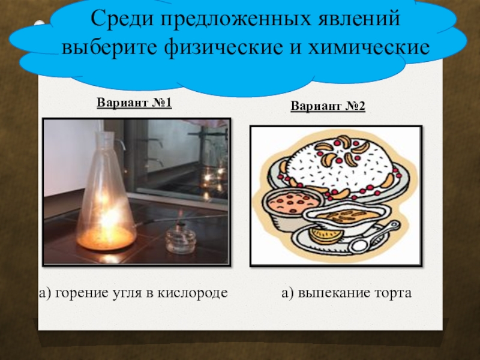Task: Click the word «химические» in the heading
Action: tap(369, 48)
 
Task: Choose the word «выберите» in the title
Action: tap(109, 48)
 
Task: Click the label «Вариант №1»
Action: tap(134, 102)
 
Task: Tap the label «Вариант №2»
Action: tap(328, 106)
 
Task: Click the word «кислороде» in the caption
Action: tap(193, 293)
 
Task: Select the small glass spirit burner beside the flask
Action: tap(181, 238)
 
